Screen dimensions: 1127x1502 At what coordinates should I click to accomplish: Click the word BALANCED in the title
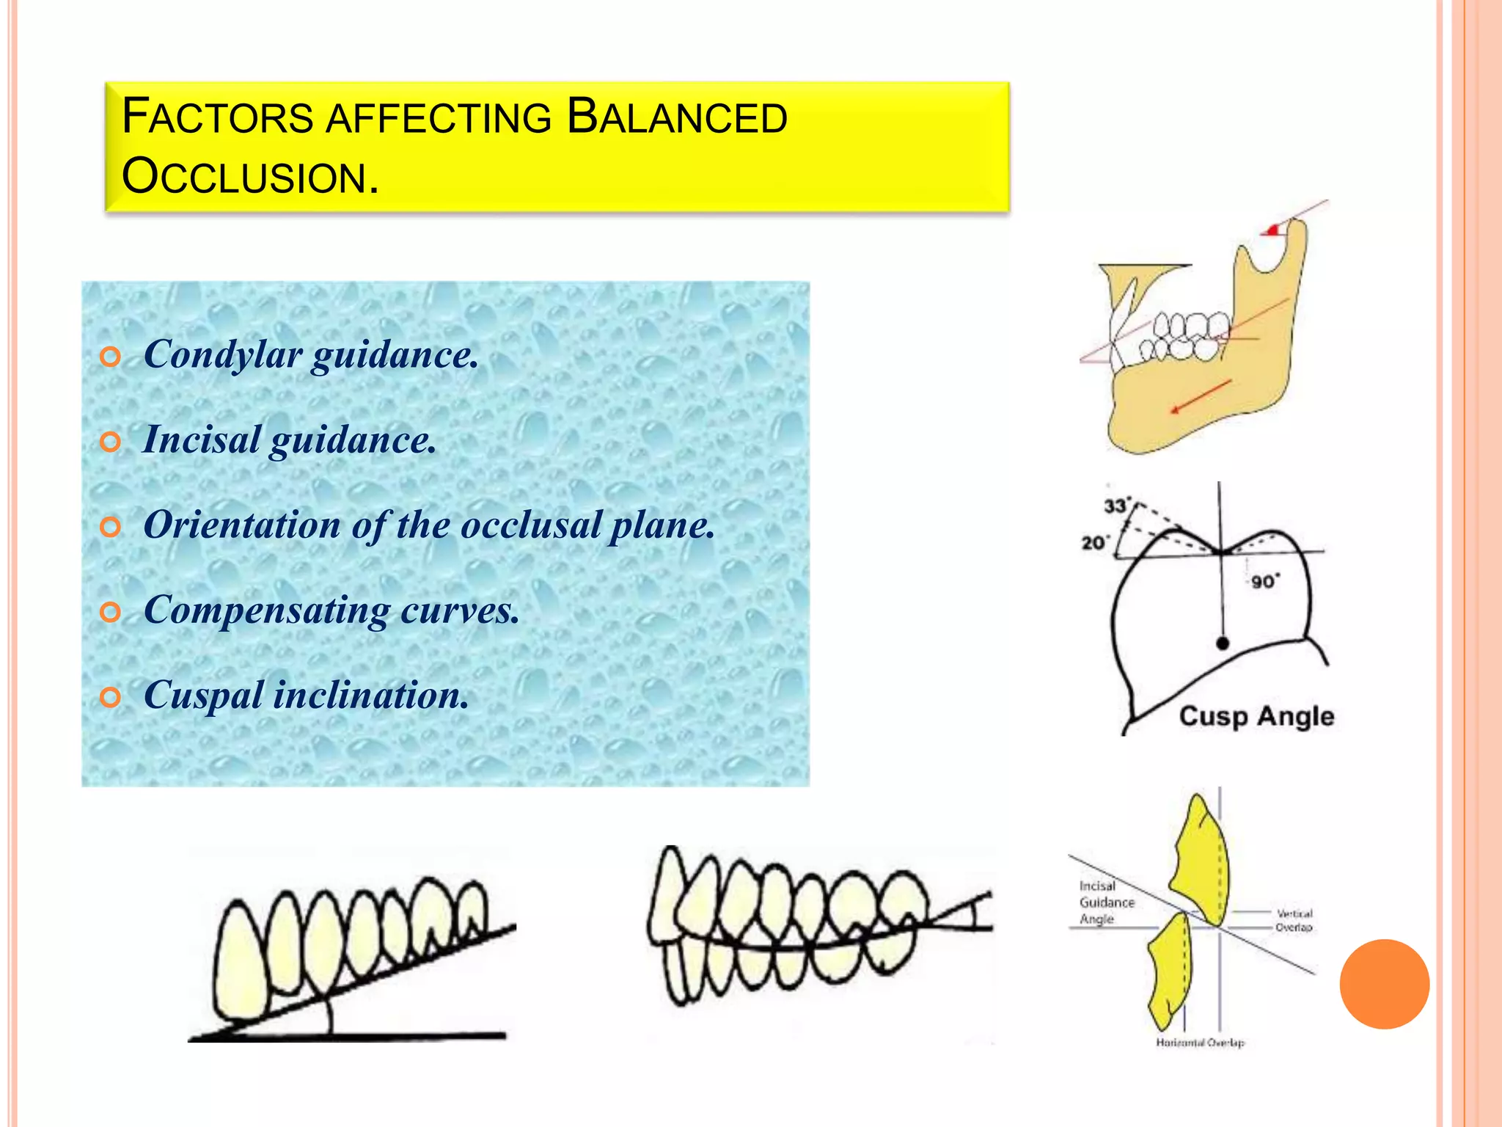pos(677,117)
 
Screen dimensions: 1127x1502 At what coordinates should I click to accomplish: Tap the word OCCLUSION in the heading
pos(250,178)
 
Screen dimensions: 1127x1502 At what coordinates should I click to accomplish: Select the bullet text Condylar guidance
pos(311,355)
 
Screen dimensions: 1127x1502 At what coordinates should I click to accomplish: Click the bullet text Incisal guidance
pos(290,440)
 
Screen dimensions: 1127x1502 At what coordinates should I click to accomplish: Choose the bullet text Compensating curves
pos(331,610)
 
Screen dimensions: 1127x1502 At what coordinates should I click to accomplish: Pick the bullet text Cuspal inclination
pos(307,696)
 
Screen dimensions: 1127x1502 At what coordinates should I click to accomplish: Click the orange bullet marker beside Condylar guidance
pos(110,357)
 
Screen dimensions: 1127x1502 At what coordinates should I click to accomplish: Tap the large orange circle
pos(1384,984)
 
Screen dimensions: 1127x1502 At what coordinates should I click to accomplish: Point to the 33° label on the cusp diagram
pos(1115,506)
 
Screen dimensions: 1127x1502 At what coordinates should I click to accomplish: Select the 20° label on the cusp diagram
pos(1094,543)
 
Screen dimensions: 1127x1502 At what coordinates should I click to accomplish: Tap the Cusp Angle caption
pos(1256,716)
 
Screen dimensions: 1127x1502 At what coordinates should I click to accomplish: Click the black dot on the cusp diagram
pos(1222,643)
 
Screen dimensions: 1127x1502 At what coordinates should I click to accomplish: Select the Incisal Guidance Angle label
pos(1106,902)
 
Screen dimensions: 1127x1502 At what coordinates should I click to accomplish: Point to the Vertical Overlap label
pos(1294,920)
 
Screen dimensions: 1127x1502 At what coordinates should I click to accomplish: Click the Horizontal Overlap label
pos(1200,1042)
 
